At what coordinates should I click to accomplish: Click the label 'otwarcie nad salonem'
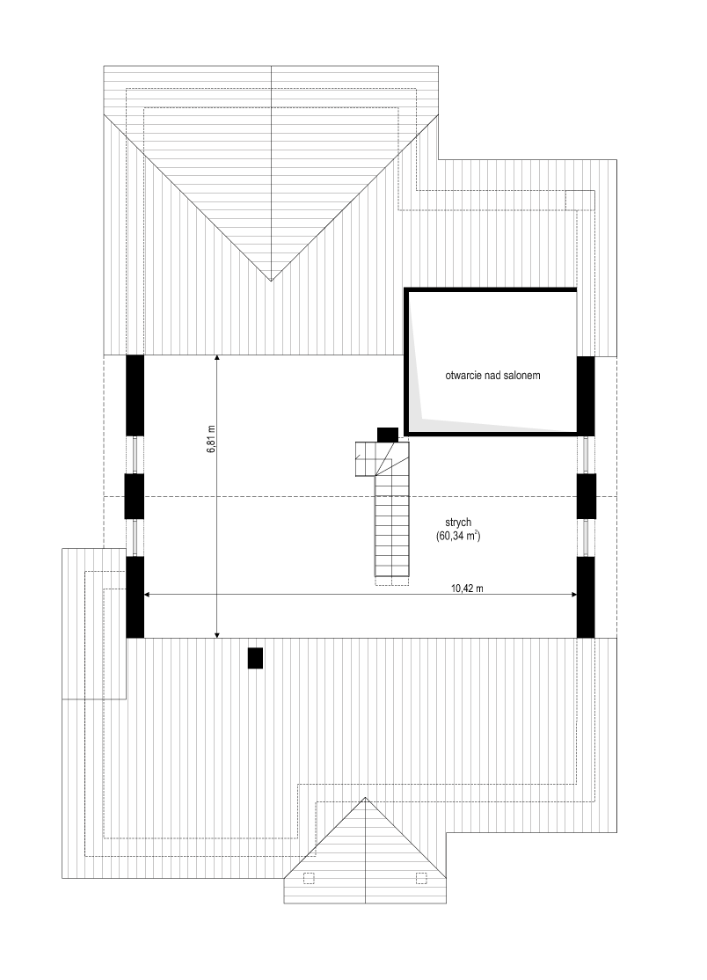(492, 376)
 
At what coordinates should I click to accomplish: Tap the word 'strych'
(458, 523)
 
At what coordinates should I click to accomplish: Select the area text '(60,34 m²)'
(458, 536)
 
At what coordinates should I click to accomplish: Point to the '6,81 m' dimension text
(211, 438)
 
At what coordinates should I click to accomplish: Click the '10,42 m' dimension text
(467, 589)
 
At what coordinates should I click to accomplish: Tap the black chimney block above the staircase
(388, 435)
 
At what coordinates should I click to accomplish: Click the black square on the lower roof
(255, 658)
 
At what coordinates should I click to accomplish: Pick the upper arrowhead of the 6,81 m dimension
(216, 359)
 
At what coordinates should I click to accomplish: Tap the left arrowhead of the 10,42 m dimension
(148, 595)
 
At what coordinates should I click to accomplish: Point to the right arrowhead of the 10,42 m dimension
(572, 595)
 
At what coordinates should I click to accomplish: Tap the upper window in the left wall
(134, 455)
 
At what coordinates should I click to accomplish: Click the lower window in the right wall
(587, 538)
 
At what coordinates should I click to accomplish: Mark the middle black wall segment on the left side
(134, 496)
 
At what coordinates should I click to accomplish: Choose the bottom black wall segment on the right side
(586, 596)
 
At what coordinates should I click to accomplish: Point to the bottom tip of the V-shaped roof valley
(271, 282)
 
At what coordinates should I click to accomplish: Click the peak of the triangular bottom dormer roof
(365, 798)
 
